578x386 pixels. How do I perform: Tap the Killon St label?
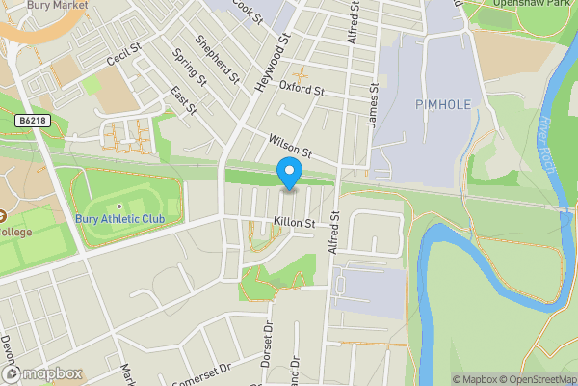click(x=295, y=223)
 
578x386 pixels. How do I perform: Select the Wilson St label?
click(x=292, y=147)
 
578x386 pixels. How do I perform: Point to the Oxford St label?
click(x=301, y=90)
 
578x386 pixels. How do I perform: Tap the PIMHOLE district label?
click(x=442, y=103)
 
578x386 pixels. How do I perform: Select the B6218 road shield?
click(x=33, y=121)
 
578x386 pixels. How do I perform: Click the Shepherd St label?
click(x=217, y=58)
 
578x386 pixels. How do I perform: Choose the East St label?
click(x=183, y=99)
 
